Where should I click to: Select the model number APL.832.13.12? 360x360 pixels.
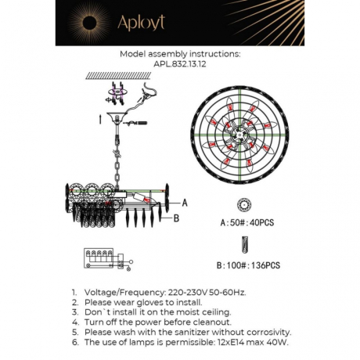coord(180,66)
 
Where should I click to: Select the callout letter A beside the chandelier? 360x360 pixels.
coord(185,201)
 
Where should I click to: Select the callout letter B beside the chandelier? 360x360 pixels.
coord(177,218)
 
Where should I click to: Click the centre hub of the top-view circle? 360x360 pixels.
coord(242,144)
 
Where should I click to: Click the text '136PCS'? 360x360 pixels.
coord(265,266)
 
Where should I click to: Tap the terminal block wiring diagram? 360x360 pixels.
coord(99,259)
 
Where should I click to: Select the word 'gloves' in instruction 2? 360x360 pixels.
coord(146,301)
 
